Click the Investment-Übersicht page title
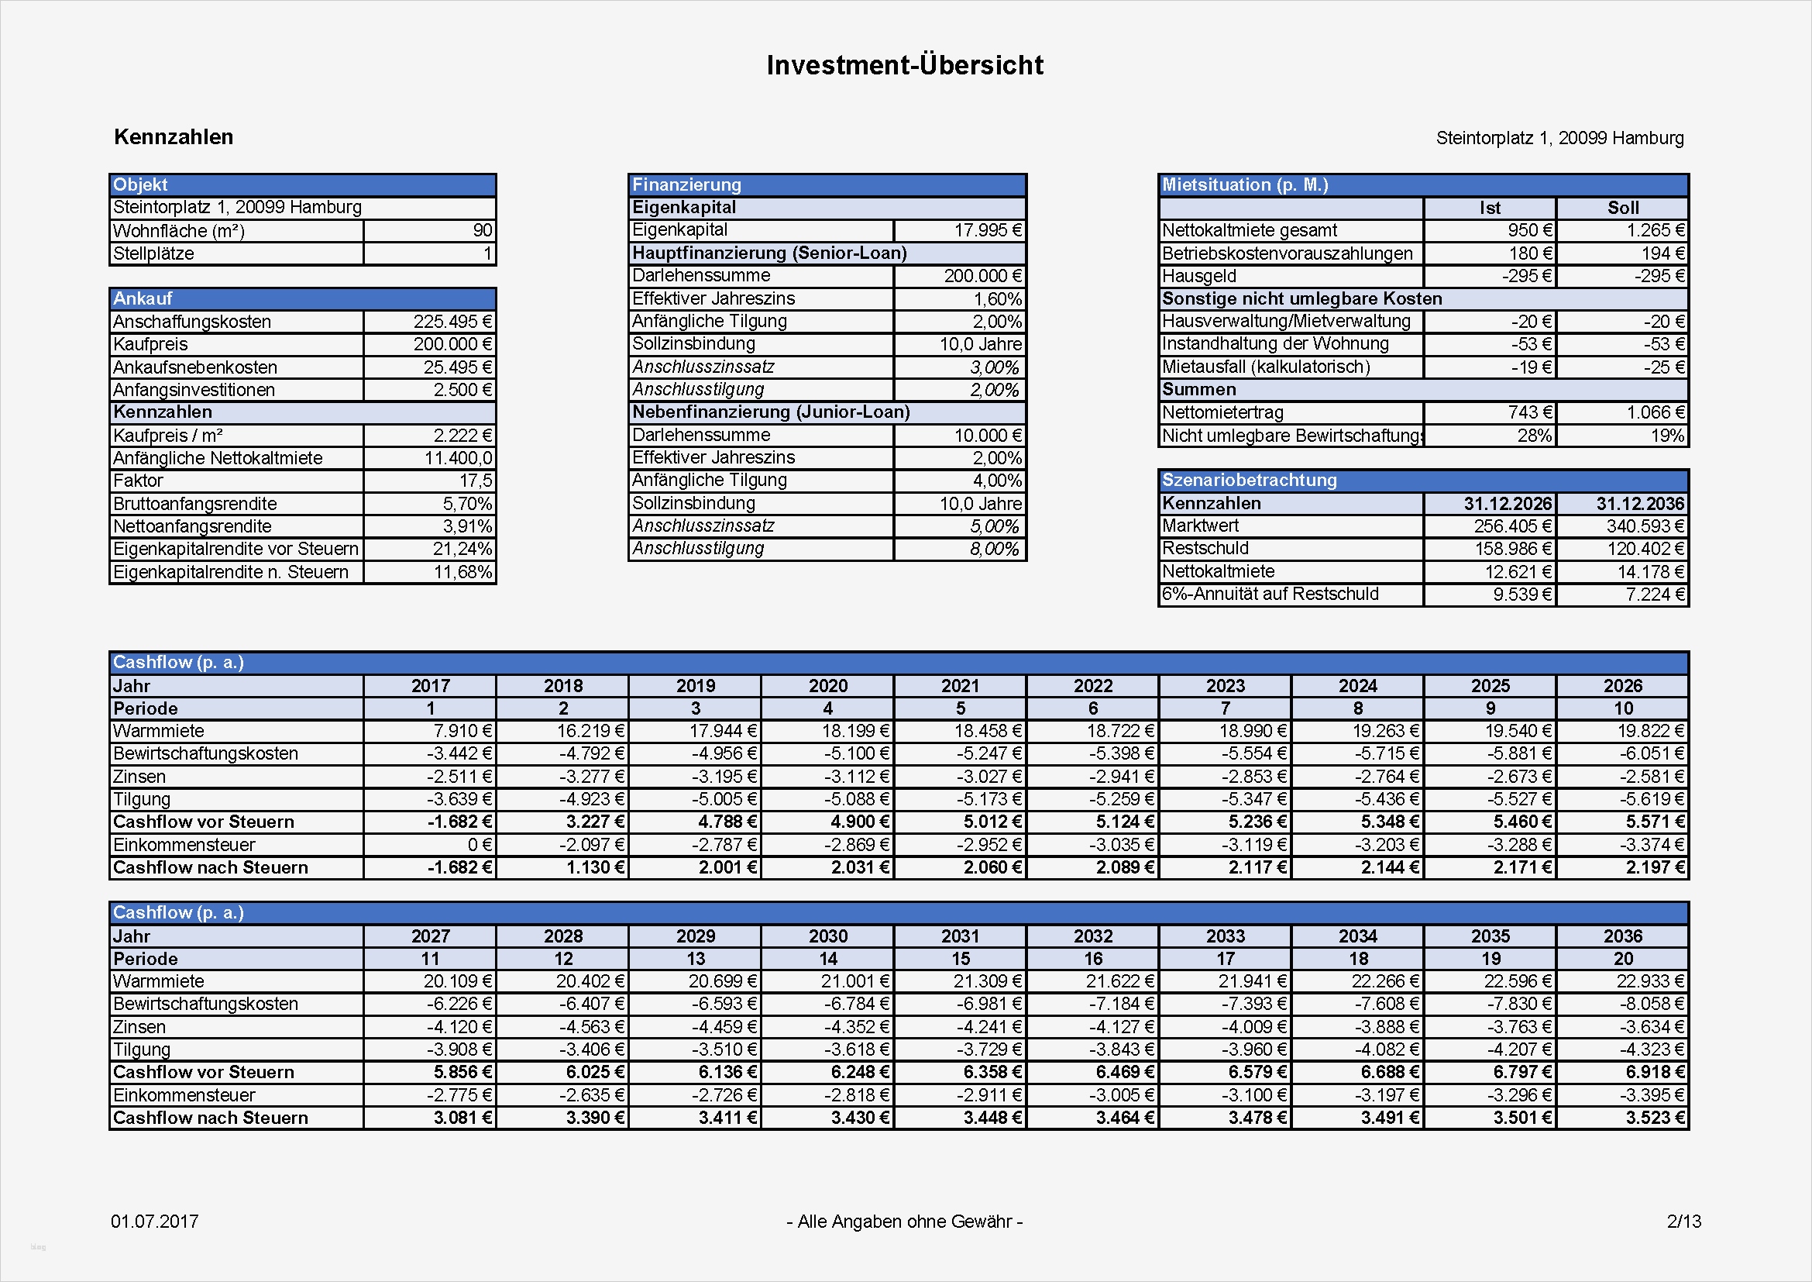pyautogui.click(x=904, y=65)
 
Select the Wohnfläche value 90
pyautogui.click(x=482, y=230)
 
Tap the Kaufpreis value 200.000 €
pyautogui.click(x=452, y=344)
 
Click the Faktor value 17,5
pyautogui.click(x=475, y=481)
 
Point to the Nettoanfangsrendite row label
pyautogui.click(x=192, y=526)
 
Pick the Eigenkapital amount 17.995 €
pyautogui.click(x=987, y=230)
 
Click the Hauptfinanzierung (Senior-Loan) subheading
pyautogui.click(x=769, y=253)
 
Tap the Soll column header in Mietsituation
pyautogui.click(x=1623, y=208)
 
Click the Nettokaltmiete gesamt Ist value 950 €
pyautogui.click(x=1529, y=230)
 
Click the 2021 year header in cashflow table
pyautogui.click(x=960, y=686)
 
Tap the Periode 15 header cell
pyautogui.click(x=960, y=959)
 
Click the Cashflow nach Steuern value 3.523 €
pyautogui.click(x=1654, y=1118)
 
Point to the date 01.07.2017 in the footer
pyautogui.click(x=155, y=1222)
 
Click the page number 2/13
pyautogui.click(x=1683, y=1222)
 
